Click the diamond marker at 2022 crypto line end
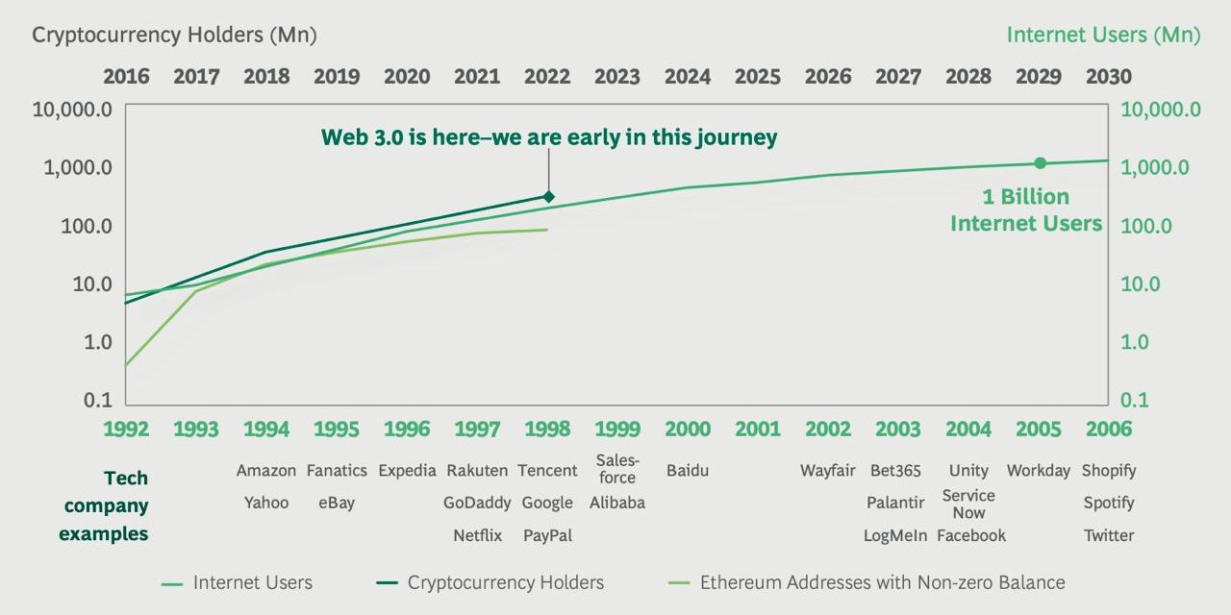pos(548,196)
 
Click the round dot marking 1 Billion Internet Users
pos(1040,163)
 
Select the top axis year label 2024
pos(688,76)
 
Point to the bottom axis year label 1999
pos(617,429)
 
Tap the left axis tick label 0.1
pos(99,401)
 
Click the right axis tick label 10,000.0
pos(1161,110)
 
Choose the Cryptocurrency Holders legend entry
pos(504,582)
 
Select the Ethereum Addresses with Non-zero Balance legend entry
pos(881,582)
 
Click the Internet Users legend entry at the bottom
pos(252,582)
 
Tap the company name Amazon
pos(266,471)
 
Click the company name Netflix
pos(478,536)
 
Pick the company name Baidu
pos(688,471)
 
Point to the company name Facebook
pos(970,536)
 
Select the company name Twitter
pos(1109,536)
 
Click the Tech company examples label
pos(104,505)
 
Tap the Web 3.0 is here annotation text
pos(548,137)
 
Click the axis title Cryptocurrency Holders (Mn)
pos(174,36)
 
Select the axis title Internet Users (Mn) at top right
pos(1103,36)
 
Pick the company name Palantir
pos(895,503)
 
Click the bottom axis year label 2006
pos(1108,429)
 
